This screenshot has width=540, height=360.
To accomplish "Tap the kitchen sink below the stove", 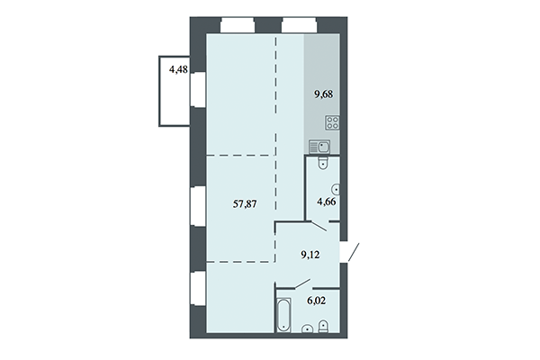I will [x=322, y=146].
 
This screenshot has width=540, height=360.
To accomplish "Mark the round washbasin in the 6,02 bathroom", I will [x=309, y=328].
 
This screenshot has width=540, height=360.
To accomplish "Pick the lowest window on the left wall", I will [x=195, y=290].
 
